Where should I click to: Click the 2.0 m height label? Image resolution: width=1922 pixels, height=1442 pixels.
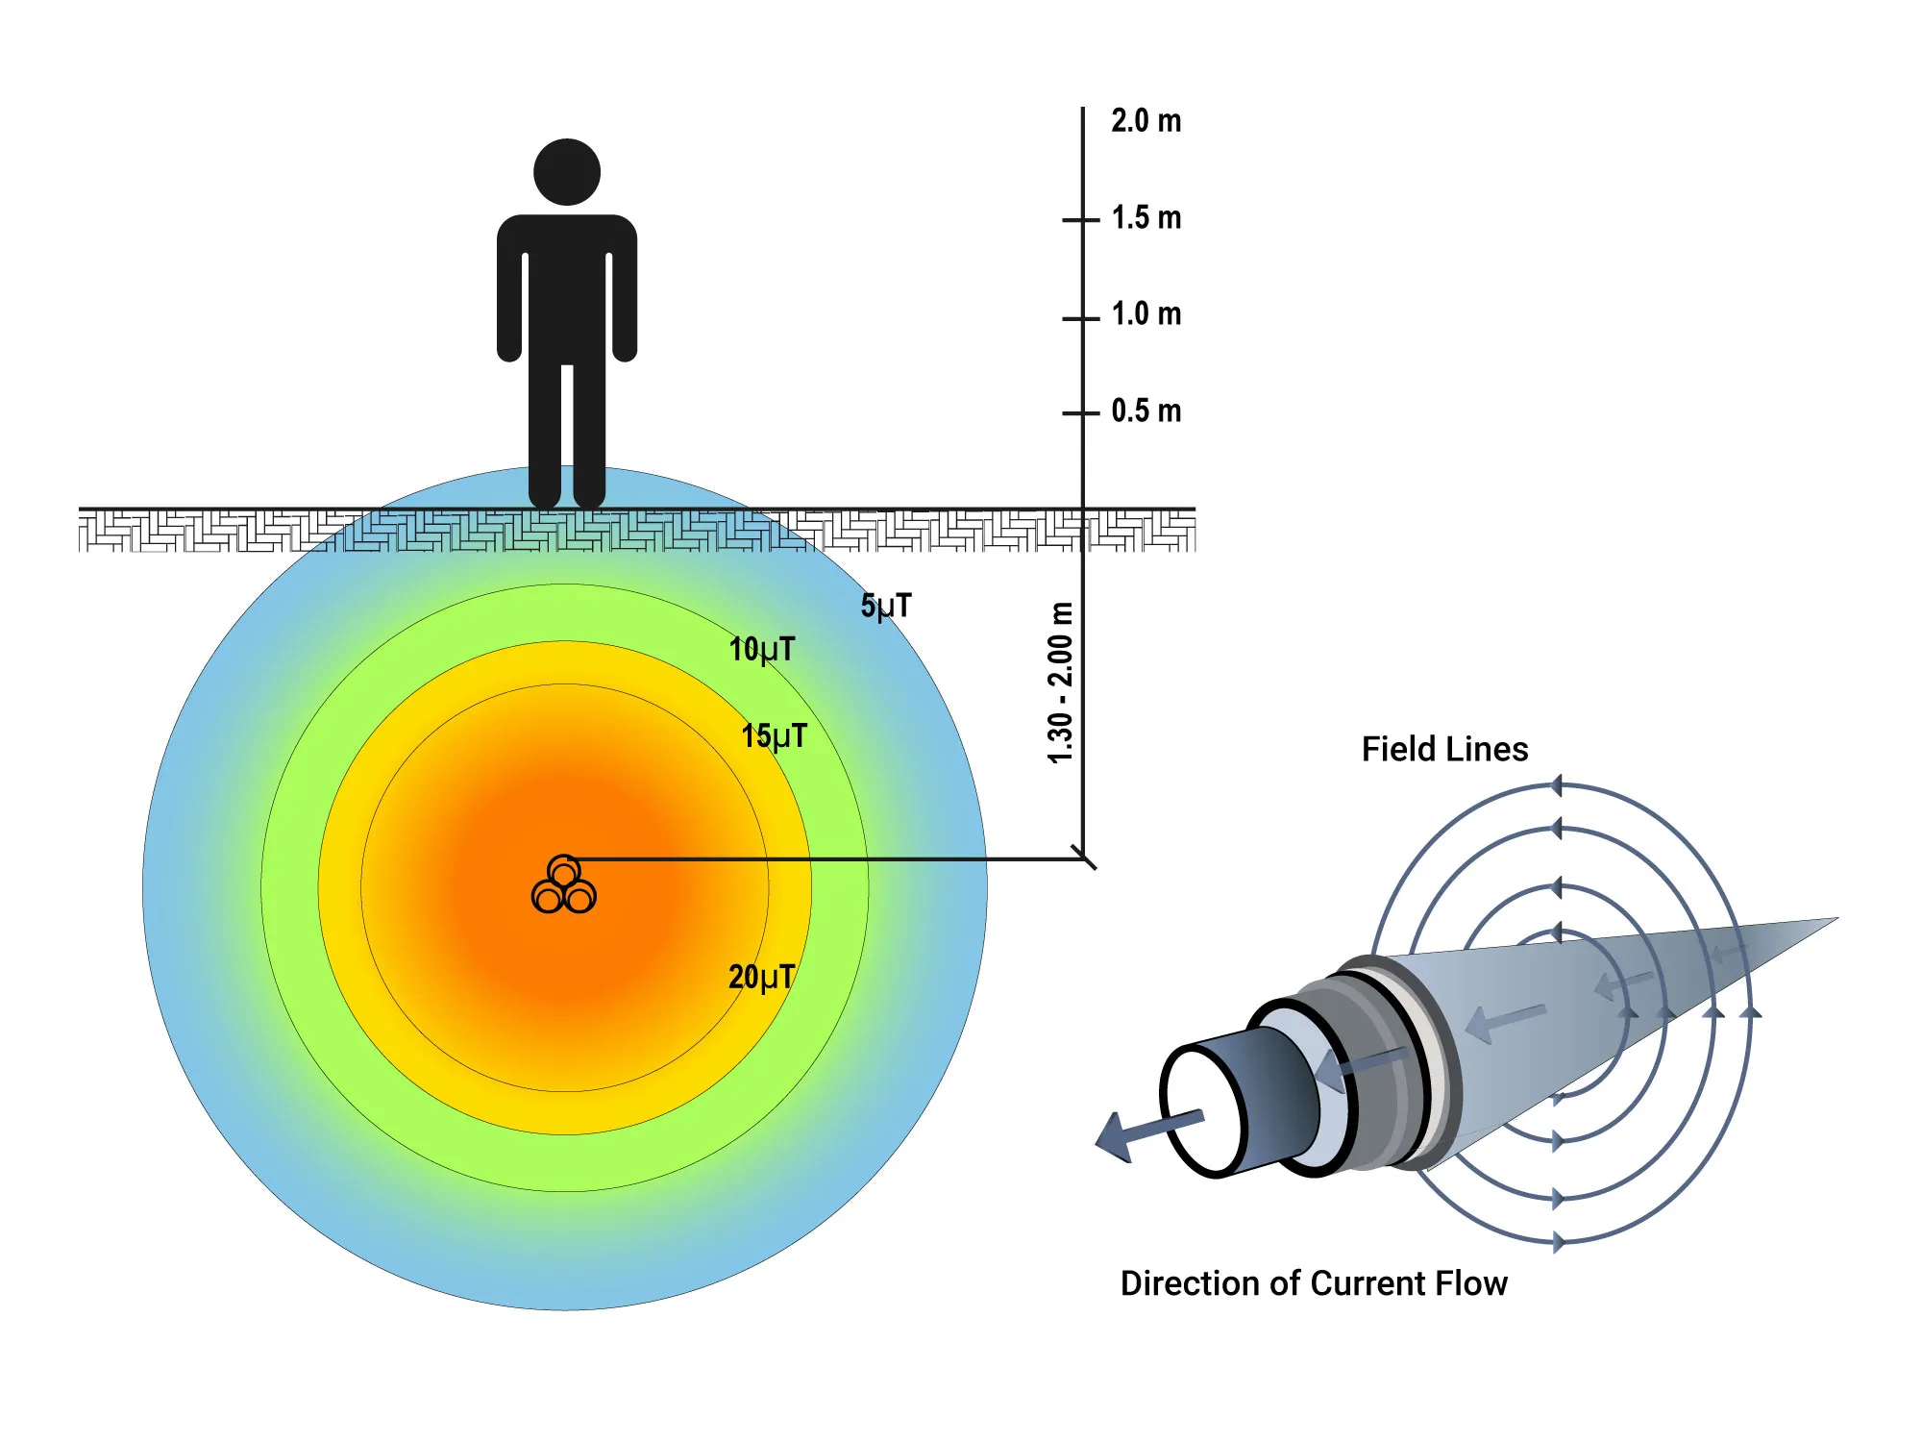1146,122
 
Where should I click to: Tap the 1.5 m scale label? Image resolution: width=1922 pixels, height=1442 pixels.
1146,218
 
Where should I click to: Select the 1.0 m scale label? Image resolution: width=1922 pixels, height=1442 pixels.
1146,314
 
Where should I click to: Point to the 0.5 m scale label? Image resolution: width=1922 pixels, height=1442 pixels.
1146,411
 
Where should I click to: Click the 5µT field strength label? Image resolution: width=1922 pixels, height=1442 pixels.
885,607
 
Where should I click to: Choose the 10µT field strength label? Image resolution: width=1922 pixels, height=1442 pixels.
762,650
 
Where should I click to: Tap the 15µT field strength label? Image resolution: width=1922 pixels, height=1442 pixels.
774,737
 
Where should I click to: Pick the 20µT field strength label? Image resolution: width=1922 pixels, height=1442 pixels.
761,978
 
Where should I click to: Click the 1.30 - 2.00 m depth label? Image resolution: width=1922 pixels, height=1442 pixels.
1060,683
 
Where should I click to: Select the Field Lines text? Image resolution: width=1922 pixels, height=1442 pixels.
1444,750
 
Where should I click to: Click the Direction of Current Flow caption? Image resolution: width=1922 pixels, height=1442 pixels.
1314,1284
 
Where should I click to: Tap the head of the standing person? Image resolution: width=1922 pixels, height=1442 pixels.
567,172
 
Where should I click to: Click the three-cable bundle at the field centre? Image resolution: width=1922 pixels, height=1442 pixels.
564,885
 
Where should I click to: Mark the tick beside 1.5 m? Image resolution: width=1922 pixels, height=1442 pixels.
1081,220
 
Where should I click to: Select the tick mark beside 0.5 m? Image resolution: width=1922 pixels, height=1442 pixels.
1081,413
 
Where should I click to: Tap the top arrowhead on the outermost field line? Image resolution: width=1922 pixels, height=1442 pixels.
1557,786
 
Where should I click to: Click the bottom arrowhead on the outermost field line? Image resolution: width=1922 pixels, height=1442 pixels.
1558,1242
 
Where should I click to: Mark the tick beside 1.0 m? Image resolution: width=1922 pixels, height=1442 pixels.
1081,318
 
